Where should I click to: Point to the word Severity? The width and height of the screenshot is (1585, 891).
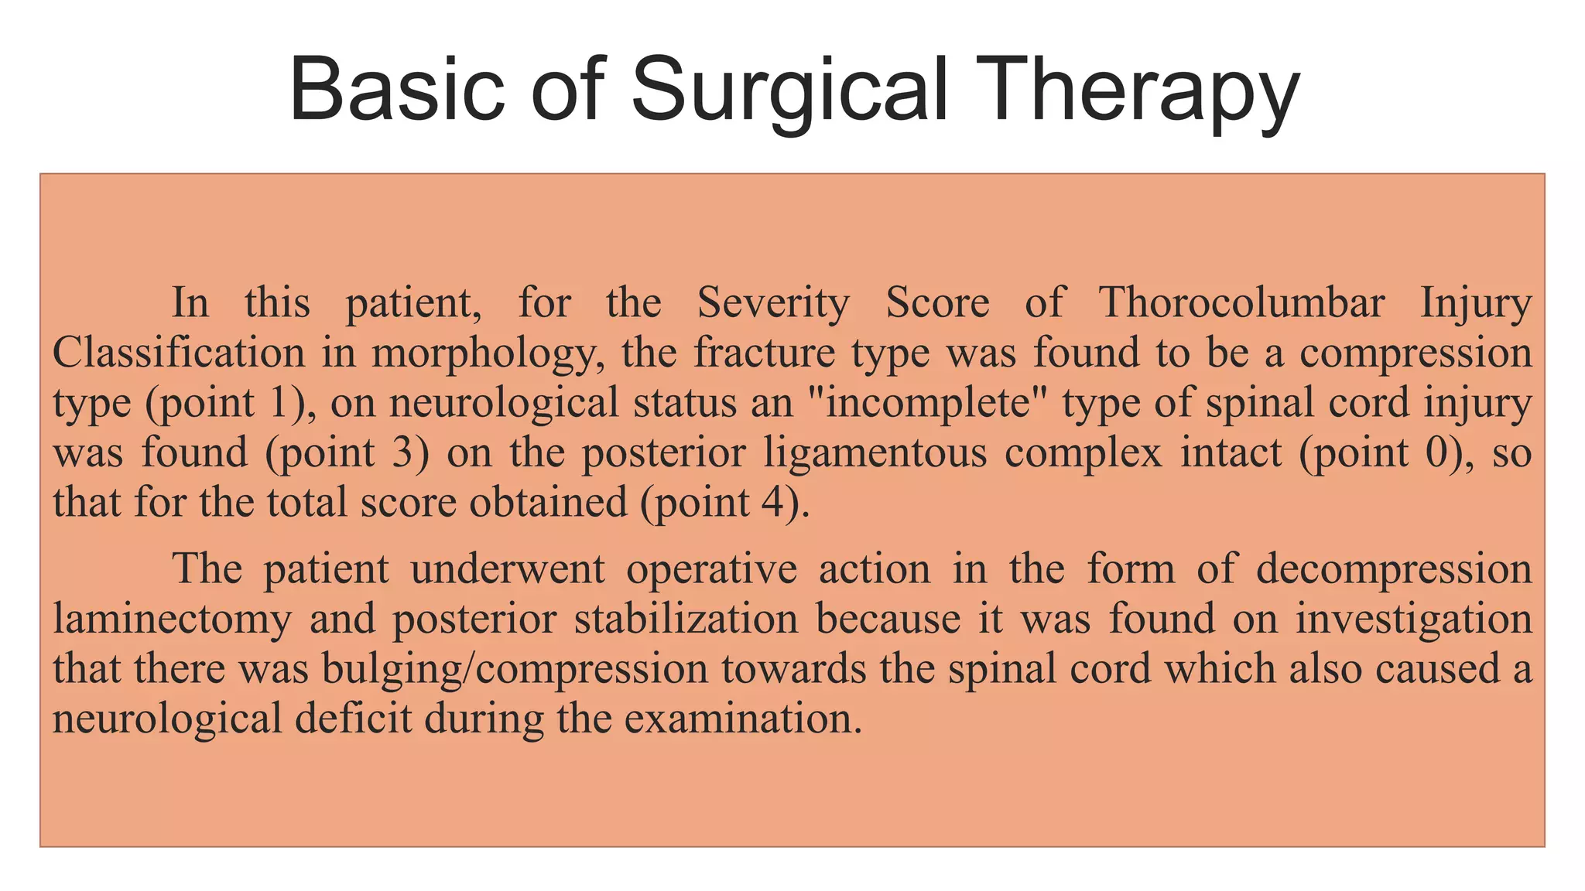[x=773, y=302]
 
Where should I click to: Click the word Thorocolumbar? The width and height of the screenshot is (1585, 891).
[x=1241, y=302]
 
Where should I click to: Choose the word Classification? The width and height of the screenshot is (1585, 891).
[x=179, y=353]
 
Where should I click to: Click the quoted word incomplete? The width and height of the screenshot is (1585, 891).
[x=928, y=404]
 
